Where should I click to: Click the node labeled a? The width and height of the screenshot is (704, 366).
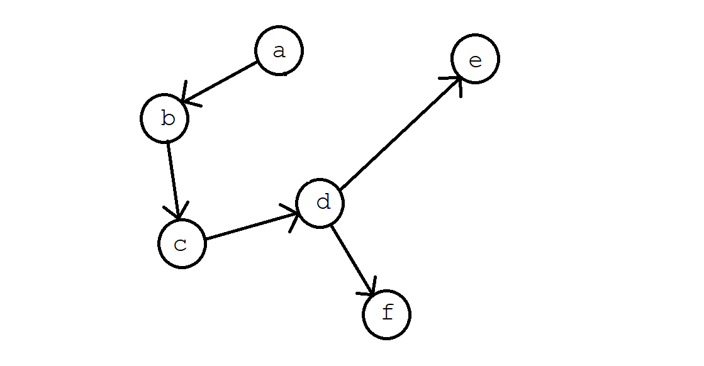coord(279,51)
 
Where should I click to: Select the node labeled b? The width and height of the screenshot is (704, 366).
coord(165,118)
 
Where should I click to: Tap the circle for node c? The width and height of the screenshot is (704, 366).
coord(182,244)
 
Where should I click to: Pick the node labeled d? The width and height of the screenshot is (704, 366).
coord(320,203)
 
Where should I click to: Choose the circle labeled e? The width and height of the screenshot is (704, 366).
coord(475,59)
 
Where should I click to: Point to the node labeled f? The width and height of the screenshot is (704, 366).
coord(386,314)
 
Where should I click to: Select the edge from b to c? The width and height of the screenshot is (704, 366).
coord(174,179)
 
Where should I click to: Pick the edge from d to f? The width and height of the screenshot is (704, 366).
coord(352,258)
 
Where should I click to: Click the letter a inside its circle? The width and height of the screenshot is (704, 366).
coord(279,51)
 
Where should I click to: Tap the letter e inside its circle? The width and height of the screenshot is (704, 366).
coord(476,60)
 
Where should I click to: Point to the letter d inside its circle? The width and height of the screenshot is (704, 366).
coord(323,202)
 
